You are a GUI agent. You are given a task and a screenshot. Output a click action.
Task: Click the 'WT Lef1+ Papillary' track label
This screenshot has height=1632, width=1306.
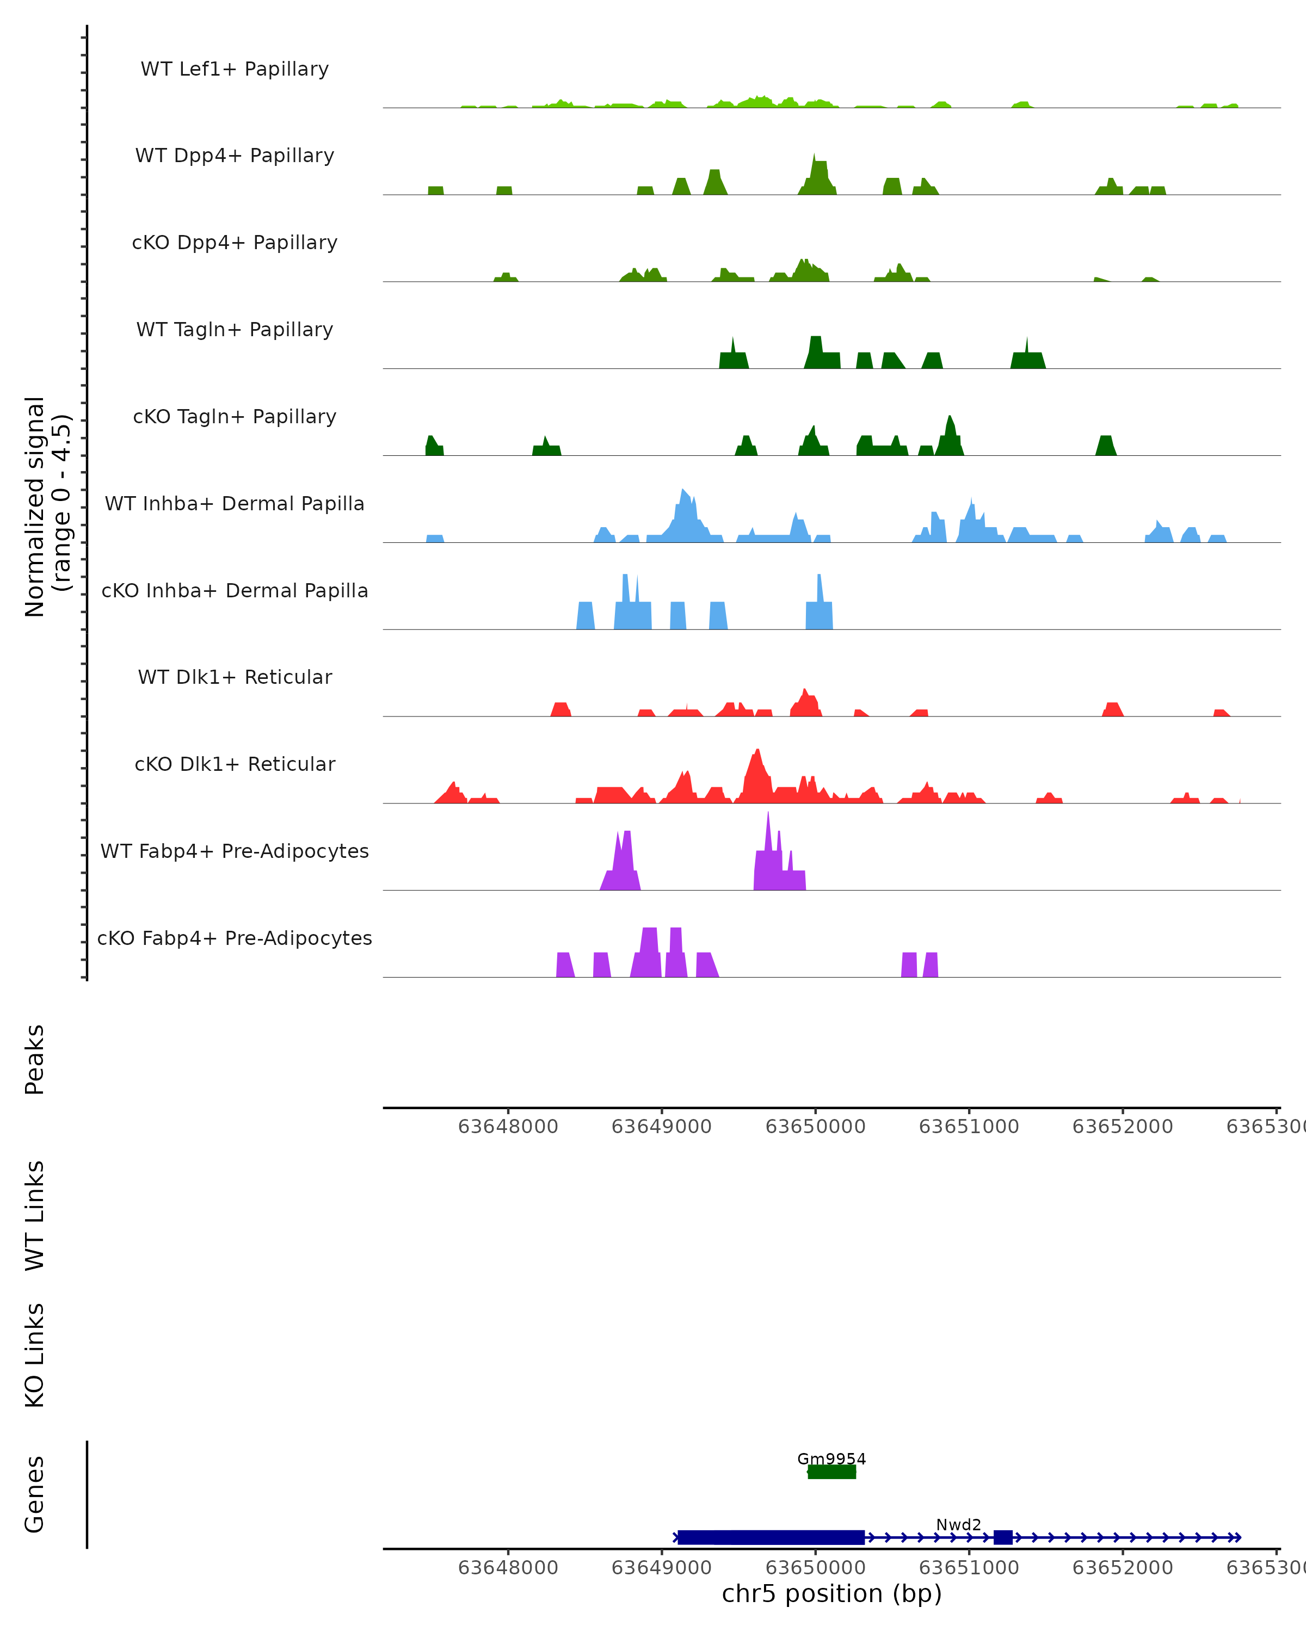tap(235, 69)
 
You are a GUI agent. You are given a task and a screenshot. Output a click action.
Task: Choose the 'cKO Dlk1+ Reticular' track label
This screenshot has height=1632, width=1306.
tap(235, 764)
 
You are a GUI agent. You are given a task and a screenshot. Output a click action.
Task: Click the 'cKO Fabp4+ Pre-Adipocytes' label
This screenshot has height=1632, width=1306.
tap(235, 938)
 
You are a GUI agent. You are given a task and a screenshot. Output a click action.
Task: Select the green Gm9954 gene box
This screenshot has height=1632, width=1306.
tap(831, 1472)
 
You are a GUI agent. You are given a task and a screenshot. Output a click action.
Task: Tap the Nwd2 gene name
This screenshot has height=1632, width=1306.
tap(958, 1524)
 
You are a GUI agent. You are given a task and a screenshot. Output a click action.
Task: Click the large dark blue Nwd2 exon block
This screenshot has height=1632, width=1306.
tap(771, 1537)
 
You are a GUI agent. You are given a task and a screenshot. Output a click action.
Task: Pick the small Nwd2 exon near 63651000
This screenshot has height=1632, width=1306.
tap(1003, 1537)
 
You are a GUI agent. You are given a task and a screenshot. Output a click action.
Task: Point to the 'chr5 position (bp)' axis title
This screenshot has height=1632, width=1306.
tap(831, 1593)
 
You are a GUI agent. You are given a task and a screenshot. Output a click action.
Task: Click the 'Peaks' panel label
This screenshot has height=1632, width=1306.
tap(35, 1059)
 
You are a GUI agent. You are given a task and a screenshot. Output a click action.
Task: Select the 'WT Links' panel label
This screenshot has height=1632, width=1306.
tap(35, 1215)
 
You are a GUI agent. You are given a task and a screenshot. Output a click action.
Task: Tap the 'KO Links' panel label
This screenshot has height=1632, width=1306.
tap(35, 1355)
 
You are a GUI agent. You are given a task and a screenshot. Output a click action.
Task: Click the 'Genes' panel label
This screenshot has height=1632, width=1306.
tap(35, 1494)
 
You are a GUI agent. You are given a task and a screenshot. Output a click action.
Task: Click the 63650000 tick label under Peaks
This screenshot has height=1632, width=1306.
tap(815, 1127)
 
